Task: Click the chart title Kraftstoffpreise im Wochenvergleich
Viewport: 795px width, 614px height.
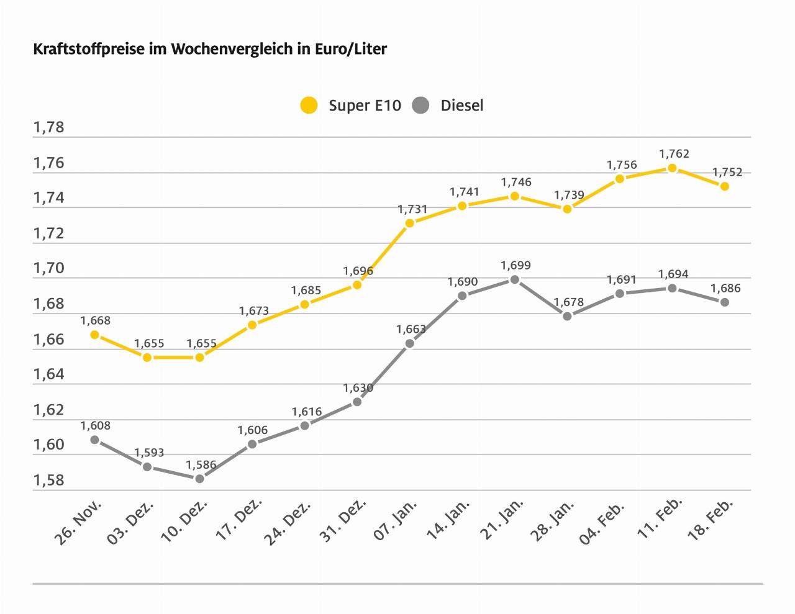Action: (x=210, y=49)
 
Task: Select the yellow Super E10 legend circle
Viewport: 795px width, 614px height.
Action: (x=309, y=106)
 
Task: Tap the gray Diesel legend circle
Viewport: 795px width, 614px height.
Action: (x=421, y=106)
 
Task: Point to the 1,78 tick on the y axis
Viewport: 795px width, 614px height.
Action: (x=49, y=128)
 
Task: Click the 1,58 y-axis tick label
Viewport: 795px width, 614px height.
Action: (x=49, y=481)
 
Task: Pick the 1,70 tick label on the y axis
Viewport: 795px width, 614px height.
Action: (x=49, y=269)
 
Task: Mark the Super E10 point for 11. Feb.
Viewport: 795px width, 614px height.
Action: (x=672, y=168)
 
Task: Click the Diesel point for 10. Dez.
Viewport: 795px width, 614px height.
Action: (x=199, y=479)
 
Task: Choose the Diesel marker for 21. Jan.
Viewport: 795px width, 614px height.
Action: (x=514, y=279)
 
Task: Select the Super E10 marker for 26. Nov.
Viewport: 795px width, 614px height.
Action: (x=94, y=335)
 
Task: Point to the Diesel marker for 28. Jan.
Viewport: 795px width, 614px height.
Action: (x=567, y=316)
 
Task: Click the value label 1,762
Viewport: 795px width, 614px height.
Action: (x=674, y=153)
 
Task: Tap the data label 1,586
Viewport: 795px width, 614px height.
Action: (x=201, y=464)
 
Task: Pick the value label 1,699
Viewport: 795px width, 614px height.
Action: (x=516, y=266)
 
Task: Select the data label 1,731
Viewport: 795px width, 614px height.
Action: (x=412, y=209)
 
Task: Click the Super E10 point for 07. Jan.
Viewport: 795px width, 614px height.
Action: (x=409, y=223)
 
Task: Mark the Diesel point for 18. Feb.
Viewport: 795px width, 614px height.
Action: (x=724, y=302)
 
